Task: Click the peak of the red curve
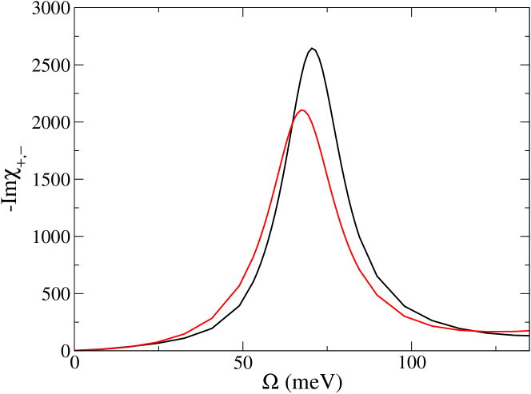pyautogui.click(x=301, y=110)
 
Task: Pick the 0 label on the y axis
pyautogui.click(x=65, y=351)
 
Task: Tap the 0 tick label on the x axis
pyautogui.click(x=74, y=364)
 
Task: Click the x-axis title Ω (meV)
pyautogui.click(x=301, y=382)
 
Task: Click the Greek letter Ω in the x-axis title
pyautogui.click(x=269, y=381)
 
